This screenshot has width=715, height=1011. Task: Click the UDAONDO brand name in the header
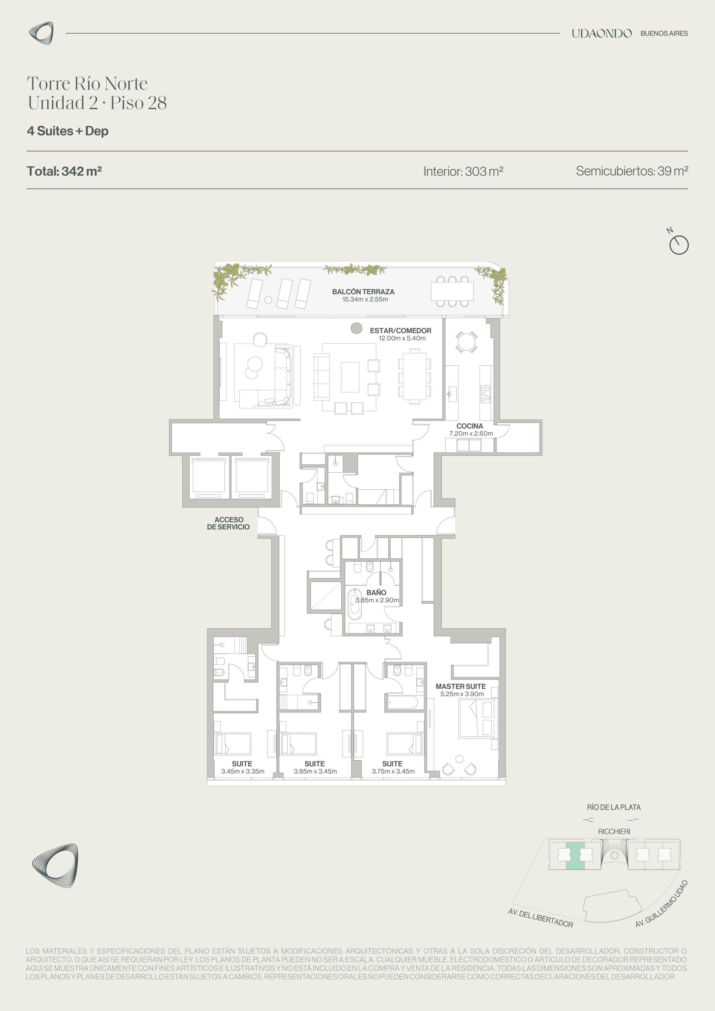(x=601, y=34)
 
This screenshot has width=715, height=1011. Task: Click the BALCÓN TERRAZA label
(x=363, y=291)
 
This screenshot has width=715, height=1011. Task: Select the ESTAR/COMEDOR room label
(x=401, y=331)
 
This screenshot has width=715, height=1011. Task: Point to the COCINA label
(x=470, y=426)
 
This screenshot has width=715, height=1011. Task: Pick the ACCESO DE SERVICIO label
(x=228, y=523)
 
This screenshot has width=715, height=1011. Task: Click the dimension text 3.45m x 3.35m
(x=243, y=771)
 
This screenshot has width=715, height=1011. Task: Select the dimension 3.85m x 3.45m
(x=315, y=771)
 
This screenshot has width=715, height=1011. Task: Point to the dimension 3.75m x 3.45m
(x=393, y=771)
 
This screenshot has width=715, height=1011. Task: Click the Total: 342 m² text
(x=64, y=171)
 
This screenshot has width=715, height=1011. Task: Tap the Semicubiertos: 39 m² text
(x=632, y=171)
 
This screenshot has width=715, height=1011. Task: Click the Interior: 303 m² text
(x=463, y=171)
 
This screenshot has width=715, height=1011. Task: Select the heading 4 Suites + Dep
(x=68, y=131)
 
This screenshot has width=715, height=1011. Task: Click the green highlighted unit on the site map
(x=575, y=855)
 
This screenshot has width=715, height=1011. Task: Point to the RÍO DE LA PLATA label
(x=613, y=807)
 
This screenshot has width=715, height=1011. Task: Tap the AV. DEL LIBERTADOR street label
(x=540, y=918)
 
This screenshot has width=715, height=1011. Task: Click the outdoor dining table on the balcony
(x=452, y=291)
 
